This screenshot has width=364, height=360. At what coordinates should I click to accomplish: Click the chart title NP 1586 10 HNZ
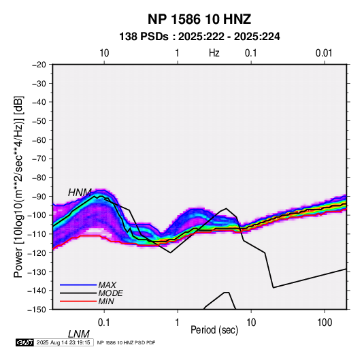point(199,19)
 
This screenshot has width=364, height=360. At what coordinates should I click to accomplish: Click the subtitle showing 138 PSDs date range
point(199,37)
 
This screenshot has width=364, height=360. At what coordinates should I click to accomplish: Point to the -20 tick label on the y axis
point(39,65)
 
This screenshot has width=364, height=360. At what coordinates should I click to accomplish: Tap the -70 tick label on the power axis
point(39,159)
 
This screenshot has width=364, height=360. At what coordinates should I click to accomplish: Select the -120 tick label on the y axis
point(37,253)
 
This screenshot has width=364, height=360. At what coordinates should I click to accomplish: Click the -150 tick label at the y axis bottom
point(37,310)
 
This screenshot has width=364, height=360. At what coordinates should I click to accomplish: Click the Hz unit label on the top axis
point(214,53)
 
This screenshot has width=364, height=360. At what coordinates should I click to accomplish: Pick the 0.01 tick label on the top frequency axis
point(324,53)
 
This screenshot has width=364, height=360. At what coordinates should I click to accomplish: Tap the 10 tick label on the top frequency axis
point(104,53)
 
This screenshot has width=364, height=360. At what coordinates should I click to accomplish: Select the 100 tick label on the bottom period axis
point(325,323)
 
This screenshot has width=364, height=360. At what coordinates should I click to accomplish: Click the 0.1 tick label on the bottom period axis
point(104,323)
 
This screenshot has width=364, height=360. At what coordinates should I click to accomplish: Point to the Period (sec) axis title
point(214,330)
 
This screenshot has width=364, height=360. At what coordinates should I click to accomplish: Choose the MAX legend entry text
point(107,285)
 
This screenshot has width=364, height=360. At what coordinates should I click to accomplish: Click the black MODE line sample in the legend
point(78,293)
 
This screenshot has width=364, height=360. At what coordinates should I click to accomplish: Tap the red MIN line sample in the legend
point(78,301)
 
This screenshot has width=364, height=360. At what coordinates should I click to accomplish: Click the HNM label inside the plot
point(80,193)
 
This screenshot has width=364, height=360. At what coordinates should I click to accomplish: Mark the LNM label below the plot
point(79,334)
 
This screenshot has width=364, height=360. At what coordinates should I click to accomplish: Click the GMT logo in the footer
point(24,342)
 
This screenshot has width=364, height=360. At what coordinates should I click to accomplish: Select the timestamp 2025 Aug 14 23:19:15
point(63,342)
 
